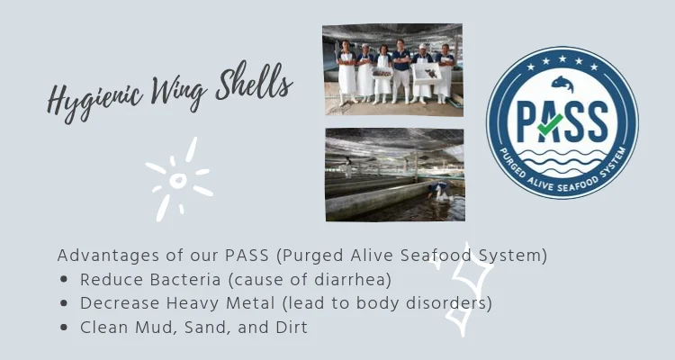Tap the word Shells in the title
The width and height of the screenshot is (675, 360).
(x=254, y=82)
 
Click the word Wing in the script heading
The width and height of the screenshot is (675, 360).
(x=179, y=91)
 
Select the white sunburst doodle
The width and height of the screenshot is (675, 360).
(x=179, y=179)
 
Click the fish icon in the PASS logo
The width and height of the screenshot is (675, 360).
(x=562, y=84)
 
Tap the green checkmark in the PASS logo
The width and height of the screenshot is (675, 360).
(x=550, y=124)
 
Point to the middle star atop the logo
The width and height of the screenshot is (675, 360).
(x=562, y=58)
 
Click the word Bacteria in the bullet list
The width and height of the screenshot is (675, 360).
(x=184, y=280)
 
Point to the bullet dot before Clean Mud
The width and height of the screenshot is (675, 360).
(x=64, y=328)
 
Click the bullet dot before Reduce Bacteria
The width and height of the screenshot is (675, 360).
(x=64, y=280)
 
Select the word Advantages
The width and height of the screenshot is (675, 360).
(x=109, y=256)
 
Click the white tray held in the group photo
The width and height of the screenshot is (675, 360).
(x=427, y=73)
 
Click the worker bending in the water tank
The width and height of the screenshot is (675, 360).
(x=440, y=191)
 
